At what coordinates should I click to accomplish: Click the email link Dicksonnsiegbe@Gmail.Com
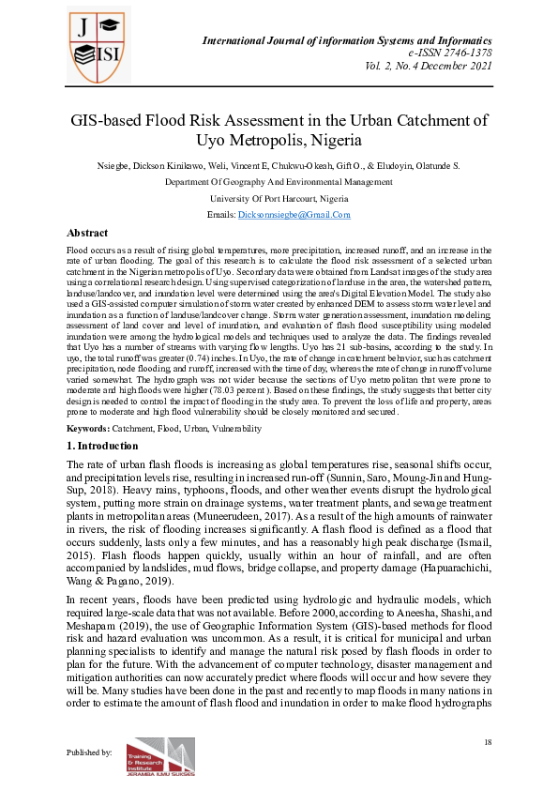(294, 215)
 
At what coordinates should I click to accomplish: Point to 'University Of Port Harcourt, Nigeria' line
(279, 199)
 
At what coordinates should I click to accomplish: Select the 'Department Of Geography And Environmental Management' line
(279, 182)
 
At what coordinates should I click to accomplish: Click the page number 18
(488, 743)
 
